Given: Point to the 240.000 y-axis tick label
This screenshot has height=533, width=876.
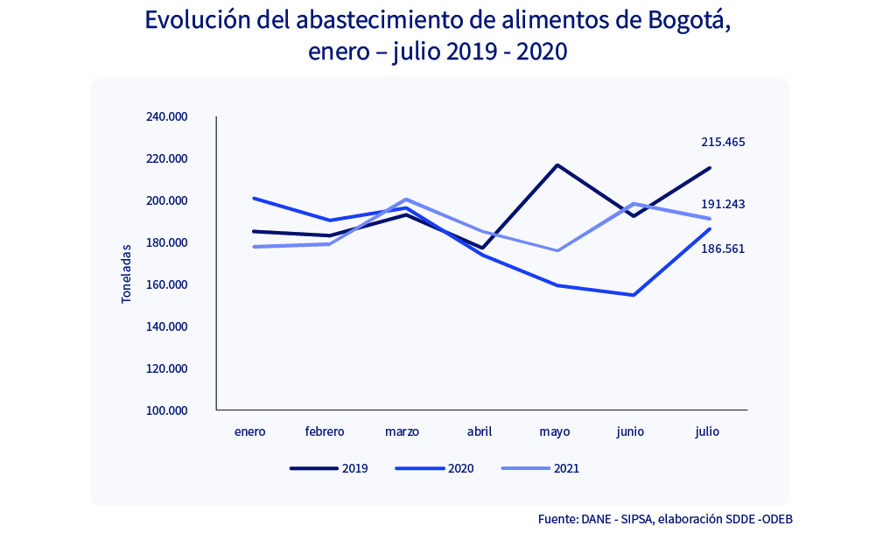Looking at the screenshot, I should coord(166,117).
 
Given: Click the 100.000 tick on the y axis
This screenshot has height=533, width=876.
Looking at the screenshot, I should coord(166,410).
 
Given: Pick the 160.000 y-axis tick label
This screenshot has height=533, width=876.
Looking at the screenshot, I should coord(166,284).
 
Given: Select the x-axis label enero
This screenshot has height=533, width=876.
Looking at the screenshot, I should coord(249,431).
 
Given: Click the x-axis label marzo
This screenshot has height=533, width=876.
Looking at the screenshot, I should coord(402,431).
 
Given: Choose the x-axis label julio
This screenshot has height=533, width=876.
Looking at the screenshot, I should coord(707,431).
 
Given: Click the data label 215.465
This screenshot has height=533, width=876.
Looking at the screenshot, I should coord(723,142).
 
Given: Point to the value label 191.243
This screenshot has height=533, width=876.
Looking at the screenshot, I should coord(723,204).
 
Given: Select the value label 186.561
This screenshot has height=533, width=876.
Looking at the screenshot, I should coord(723,249).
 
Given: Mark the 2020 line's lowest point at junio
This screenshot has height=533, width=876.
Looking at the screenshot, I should coord(633,295).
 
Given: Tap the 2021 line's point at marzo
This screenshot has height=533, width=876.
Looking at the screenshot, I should coord(405,200).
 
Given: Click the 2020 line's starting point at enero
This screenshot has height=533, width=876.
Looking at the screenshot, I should coord(253,198).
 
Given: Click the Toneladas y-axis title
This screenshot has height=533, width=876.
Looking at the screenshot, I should coord(126,274).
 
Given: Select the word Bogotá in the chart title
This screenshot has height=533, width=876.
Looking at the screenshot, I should coord(683,20).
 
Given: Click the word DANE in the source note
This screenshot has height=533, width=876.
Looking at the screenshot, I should coord(598,518).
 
